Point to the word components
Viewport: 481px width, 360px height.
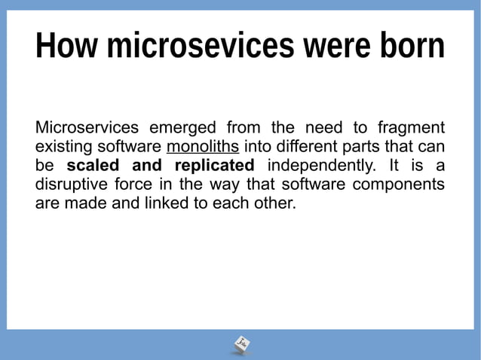coord(402,184)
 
